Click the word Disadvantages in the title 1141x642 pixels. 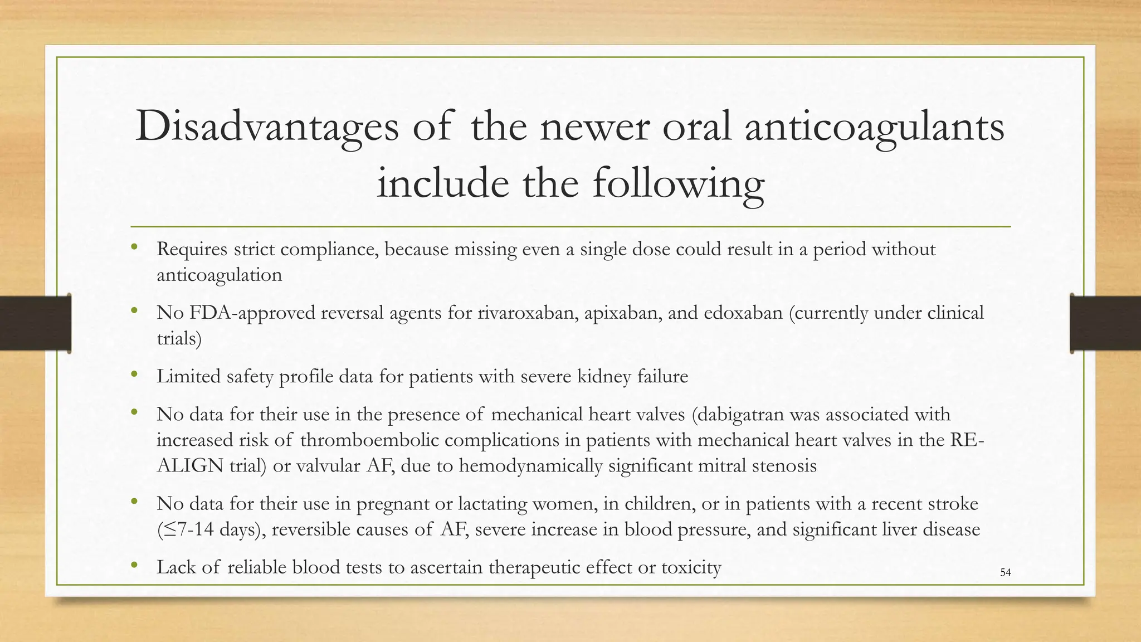point(267,127)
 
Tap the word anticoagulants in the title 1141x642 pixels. point(874,127)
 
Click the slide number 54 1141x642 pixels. point(1005,572)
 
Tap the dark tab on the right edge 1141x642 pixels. point(1105,323)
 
